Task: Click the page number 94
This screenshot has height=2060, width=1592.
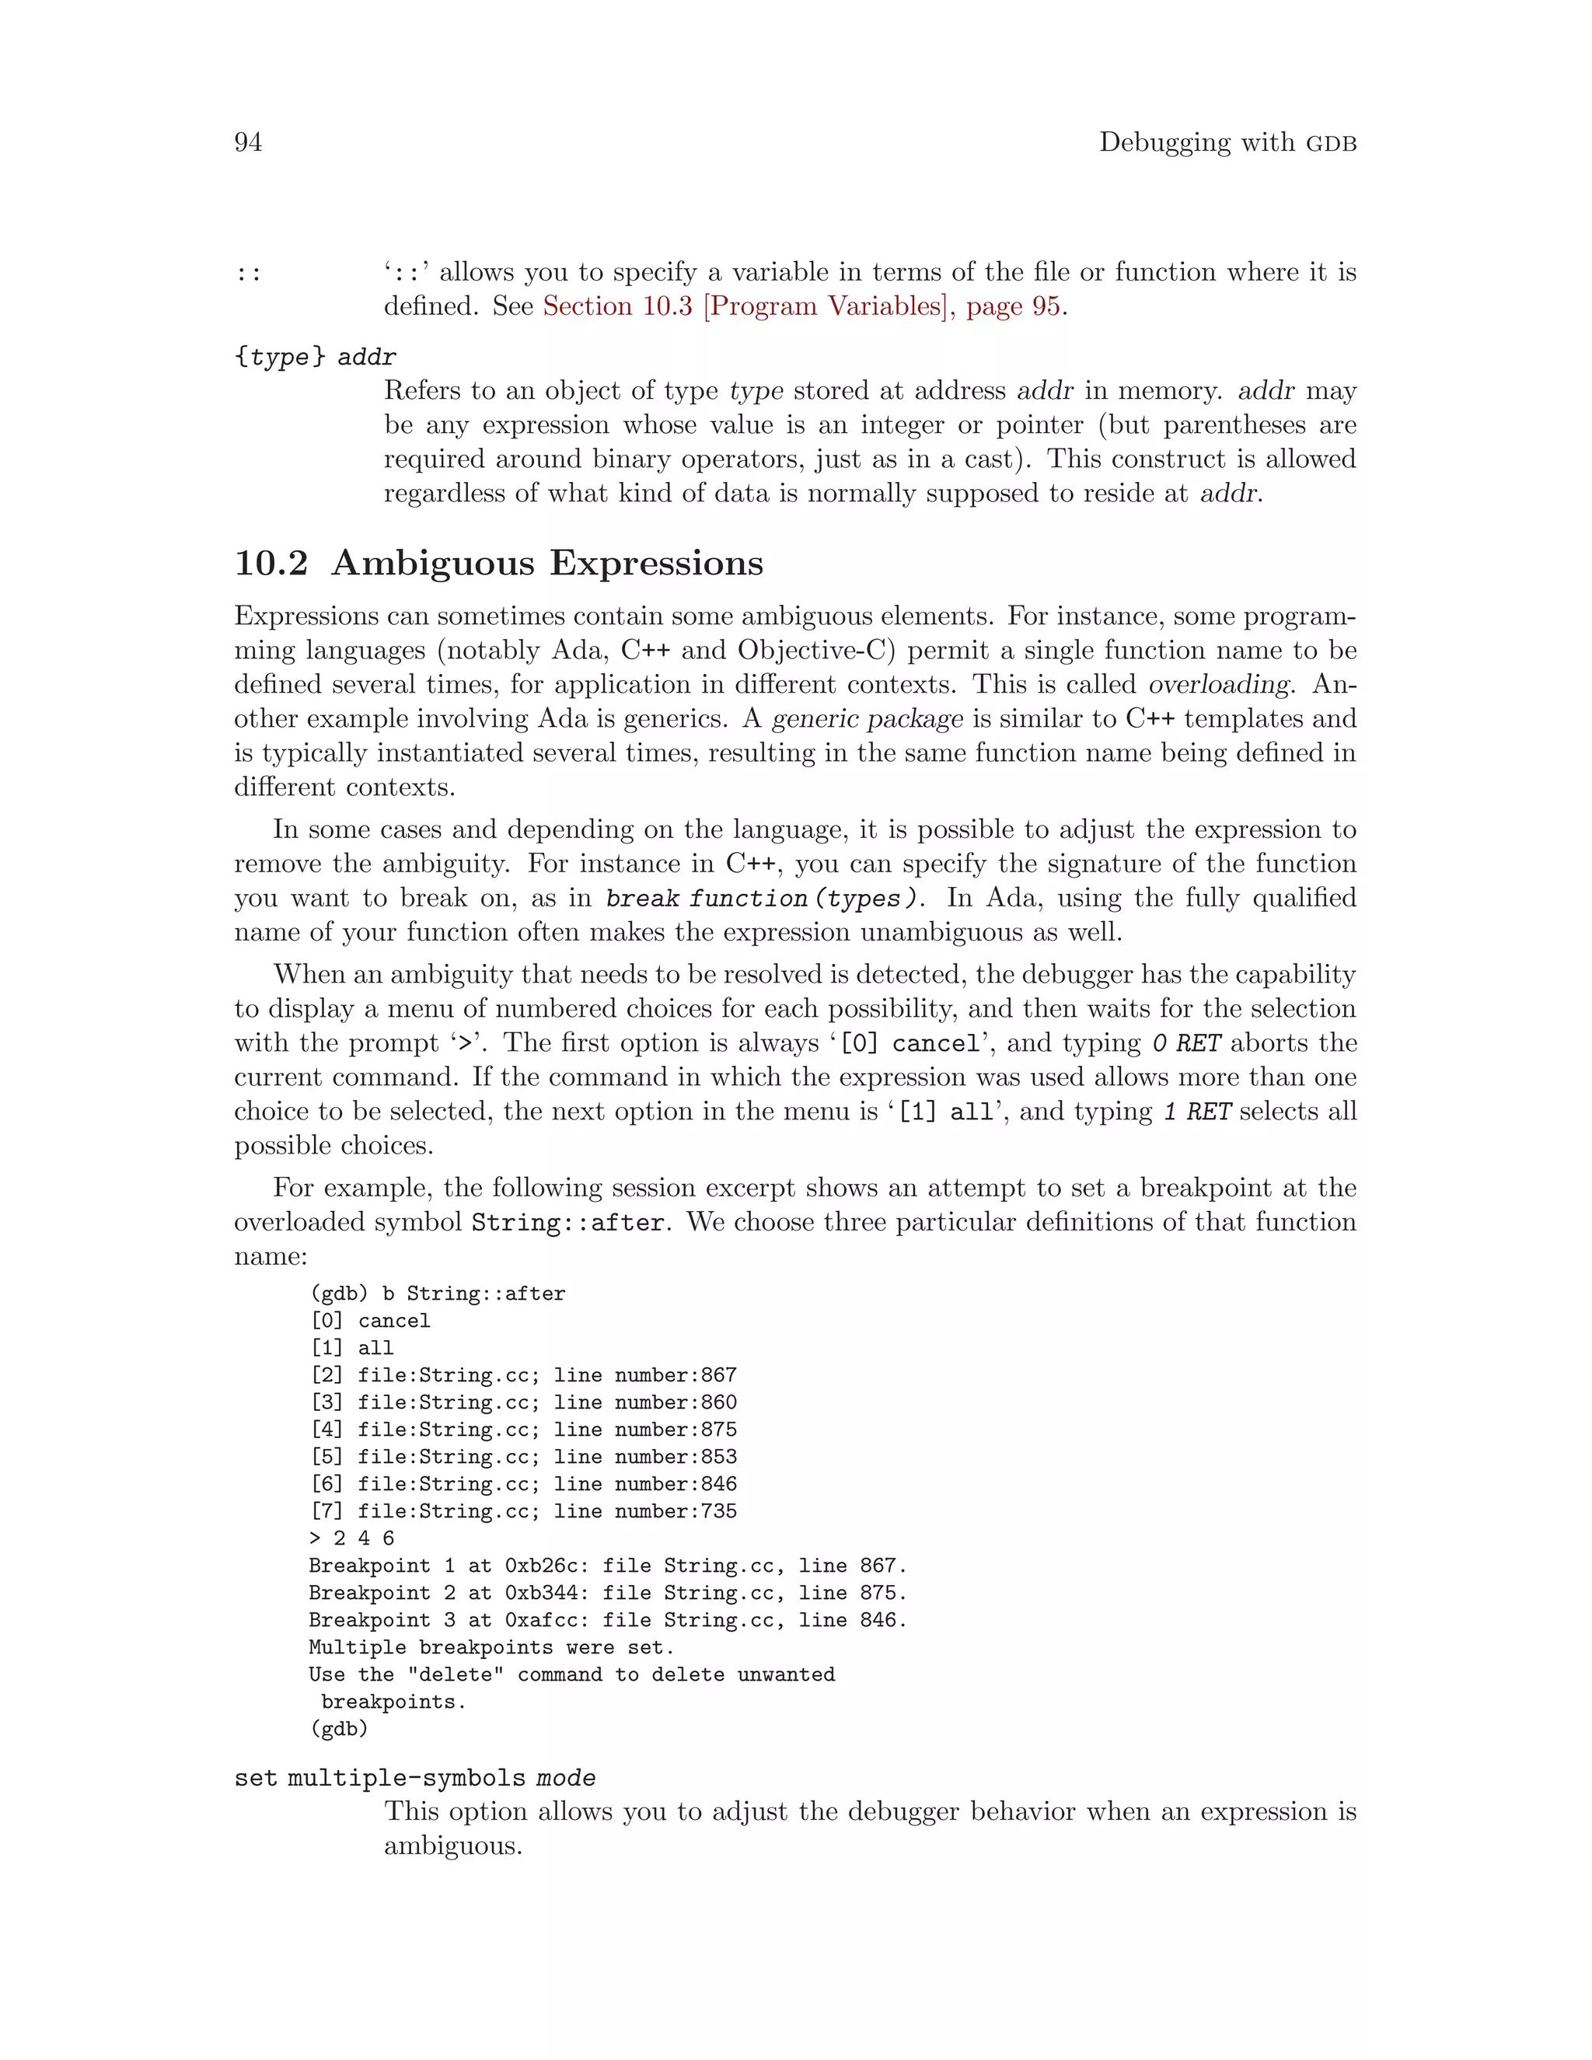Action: pos(248,142)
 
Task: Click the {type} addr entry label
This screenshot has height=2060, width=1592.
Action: pos(315,358)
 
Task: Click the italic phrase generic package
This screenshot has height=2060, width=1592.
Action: pos(868,719)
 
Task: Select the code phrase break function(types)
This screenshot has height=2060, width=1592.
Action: pos(761,898)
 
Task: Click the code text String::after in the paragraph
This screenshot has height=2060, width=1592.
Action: pos(569,1223)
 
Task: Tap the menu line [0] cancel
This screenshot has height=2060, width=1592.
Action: pos(370,1321)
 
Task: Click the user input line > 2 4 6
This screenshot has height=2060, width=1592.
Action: pos(352,1538)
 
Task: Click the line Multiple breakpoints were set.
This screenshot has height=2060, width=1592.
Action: pos(491,1648)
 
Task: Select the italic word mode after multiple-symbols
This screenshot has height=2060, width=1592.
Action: pos(566,1779)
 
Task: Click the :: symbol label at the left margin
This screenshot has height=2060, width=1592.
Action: pos(248,274)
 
